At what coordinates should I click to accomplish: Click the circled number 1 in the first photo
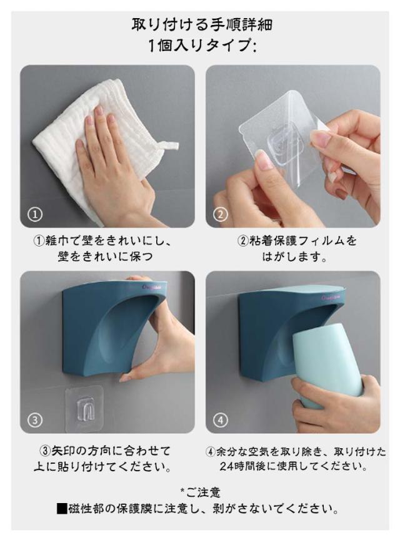(x=35, y=214)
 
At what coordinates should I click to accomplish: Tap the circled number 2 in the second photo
(x=220, y=214)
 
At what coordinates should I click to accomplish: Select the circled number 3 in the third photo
(x=35, y=420)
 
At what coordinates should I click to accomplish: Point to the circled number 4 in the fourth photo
(x=220, y=420)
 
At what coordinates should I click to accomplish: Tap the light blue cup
(x=326, y=367)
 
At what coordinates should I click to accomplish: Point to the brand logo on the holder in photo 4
(x=332, y=298)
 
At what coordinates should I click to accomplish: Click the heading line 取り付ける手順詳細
(x=202, y=25)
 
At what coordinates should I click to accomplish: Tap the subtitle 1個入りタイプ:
(x=202, y=46)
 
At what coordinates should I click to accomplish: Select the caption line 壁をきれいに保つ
(x=106, y=257)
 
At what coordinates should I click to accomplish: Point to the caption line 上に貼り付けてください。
(x=102, y=467)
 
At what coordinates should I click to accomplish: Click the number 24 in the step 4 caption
(x=226, y=466)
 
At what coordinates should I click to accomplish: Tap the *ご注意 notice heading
(x=200, y=492)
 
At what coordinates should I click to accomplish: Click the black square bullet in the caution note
(x=62, y=509)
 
